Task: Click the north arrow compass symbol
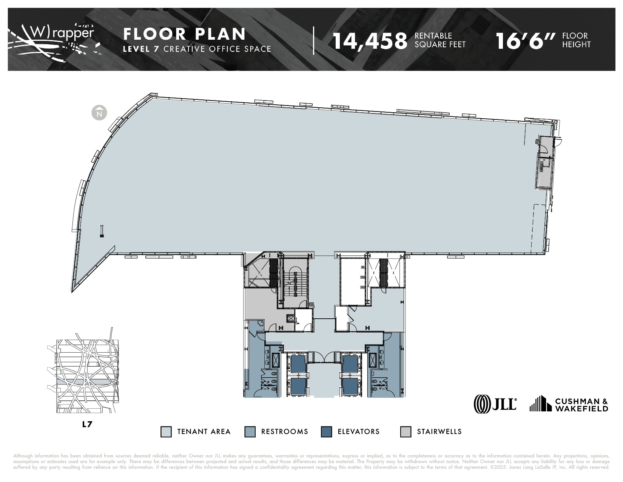coord(100,112)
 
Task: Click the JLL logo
coord(495,404)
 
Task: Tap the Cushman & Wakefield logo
coord(569,404)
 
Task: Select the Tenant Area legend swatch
coord(166,432)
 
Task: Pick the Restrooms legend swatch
coord(250,432)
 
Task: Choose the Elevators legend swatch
coord(326,432)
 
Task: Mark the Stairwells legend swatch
coord(406,432)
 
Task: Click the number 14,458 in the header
coord(370,40)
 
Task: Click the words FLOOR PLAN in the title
coord(185,34)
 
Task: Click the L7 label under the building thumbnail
coord(87,424)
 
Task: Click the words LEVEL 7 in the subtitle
coord(141,49)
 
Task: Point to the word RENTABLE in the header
coord(433,36)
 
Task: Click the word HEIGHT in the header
coord(576,44)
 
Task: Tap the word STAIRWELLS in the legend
coord(439,432)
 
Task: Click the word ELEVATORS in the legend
coord(358,432)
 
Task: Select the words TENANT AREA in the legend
coord(204,432)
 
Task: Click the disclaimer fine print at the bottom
coord(311,462)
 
